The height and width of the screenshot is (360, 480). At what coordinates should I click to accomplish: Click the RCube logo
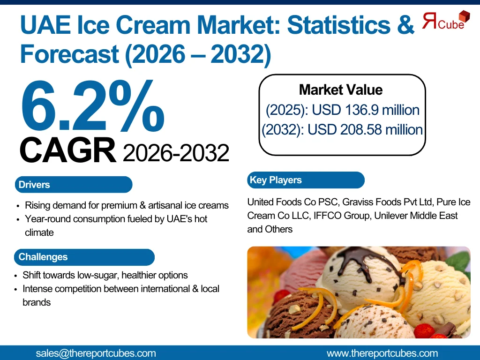pyautogui.click(x=446, y=20)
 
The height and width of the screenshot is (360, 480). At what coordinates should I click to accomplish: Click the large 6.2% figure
pyautogui.click(x=92, y=106)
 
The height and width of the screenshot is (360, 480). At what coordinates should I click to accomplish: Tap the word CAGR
pyautogui.click(x=67, y=150)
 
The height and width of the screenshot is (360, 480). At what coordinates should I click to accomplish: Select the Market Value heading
pyautogui.click(x=341, y=90)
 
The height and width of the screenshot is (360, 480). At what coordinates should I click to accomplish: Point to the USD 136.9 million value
pyautogui.click(x=366, y=110)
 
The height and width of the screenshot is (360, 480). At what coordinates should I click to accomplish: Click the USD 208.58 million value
pyautogui.click(x=365, y=129)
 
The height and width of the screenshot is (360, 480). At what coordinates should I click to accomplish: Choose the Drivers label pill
pyautogui.click(x=74, y=185)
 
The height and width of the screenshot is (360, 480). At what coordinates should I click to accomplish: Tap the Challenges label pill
pyautogui.click(x=84, y=257)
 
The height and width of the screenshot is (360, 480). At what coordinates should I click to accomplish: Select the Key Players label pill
pyautogui.click(x=306, y=180)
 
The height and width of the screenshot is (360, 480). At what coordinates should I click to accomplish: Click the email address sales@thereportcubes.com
pyautogui.click(x=96, y=353)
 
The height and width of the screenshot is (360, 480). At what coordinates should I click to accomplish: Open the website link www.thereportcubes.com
pyautogui.click(x=382, y=353)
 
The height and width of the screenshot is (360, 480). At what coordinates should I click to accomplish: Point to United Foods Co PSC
pyautogui.click(x=292, y=202)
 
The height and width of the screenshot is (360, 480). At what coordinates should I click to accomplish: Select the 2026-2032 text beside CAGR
pyautogui.click(x=176, y=153)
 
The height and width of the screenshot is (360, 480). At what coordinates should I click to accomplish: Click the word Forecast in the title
pyautogui.click(x=69, y=54)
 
